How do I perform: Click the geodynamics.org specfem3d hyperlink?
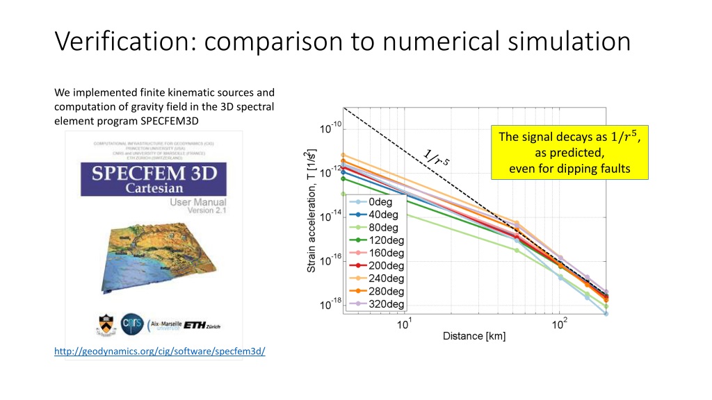pos(159,352)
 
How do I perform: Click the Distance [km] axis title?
pos(474,337)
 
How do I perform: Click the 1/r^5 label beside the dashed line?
pos(437,158)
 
